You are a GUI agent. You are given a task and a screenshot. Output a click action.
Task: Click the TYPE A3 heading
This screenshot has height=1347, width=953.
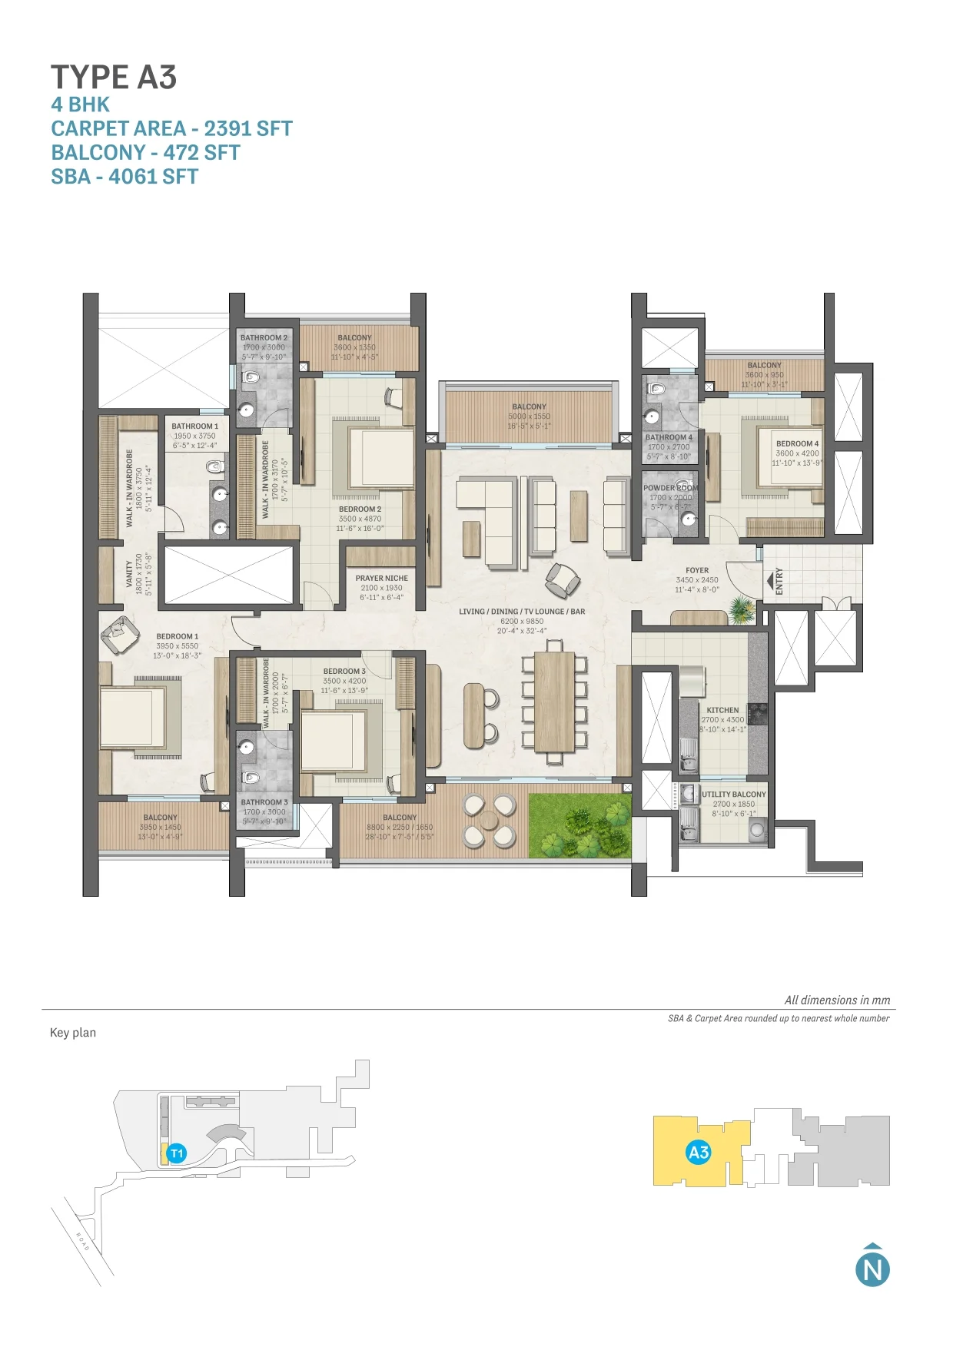point(114,78)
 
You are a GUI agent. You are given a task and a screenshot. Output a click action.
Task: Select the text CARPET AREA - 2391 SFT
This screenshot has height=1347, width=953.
point(171,128)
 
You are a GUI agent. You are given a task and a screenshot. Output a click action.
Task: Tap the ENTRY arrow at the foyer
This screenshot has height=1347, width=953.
point(770,580)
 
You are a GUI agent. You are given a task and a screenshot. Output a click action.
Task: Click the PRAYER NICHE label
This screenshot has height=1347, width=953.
point(381,578)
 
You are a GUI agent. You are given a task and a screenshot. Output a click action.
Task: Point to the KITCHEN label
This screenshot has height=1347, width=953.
point(722,710)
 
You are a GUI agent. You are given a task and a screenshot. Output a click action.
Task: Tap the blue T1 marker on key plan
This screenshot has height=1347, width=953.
point(177,1153)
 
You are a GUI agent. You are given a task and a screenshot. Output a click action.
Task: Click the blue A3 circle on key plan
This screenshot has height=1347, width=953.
point(699,1152)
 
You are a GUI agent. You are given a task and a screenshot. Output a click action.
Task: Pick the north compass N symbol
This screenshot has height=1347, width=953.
point(872,1269)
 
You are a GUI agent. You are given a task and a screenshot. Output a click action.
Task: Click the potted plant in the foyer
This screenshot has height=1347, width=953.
point(741,609)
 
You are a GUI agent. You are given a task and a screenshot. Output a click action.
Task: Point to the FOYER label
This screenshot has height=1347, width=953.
point(697,570)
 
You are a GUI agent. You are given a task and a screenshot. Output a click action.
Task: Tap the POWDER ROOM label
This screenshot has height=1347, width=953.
point(670,488)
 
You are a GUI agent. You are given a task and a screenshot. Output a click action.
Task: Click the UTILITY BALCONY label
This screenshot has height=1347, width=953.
point(734,795)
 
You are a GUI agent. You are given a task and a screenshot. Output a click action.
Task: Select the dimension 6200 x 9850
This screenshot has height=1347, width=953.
point(522,622)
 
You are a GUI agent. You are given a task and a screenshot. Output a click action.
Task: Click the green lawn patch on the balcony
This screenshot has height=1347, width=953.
point(579,826)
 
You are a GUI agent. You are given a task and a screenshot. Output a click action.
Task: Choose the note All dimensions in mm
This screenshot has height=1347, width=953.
point(837,1000)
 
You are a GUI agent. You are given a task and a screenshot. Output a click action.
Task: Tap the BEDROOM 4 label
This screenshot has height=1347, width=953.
point(797,443)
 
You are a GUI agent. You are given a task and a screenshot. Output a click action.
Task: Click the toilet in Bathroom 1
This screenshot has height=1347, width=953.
point(214,466)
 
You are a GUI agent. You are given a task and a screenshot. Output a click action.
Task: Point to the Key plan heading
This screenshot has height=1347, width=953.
point(73,1033)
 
